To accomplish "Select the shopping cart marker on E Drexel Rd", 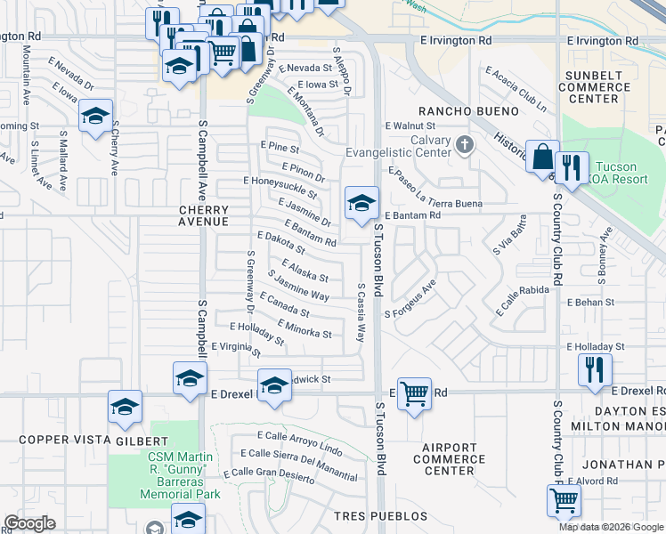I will (414, 392).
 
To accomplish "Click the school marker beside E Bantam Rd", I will (361, 204).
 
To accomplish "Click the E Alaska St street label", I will (305, 271).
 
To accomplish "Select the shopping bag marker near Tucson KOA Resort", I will (541, 158).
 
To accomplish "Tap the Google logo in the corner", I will (29, 523).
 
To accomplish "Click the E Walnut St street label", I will (409, 126).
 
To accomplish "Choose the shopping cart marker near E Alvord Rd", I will (564, 502).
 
